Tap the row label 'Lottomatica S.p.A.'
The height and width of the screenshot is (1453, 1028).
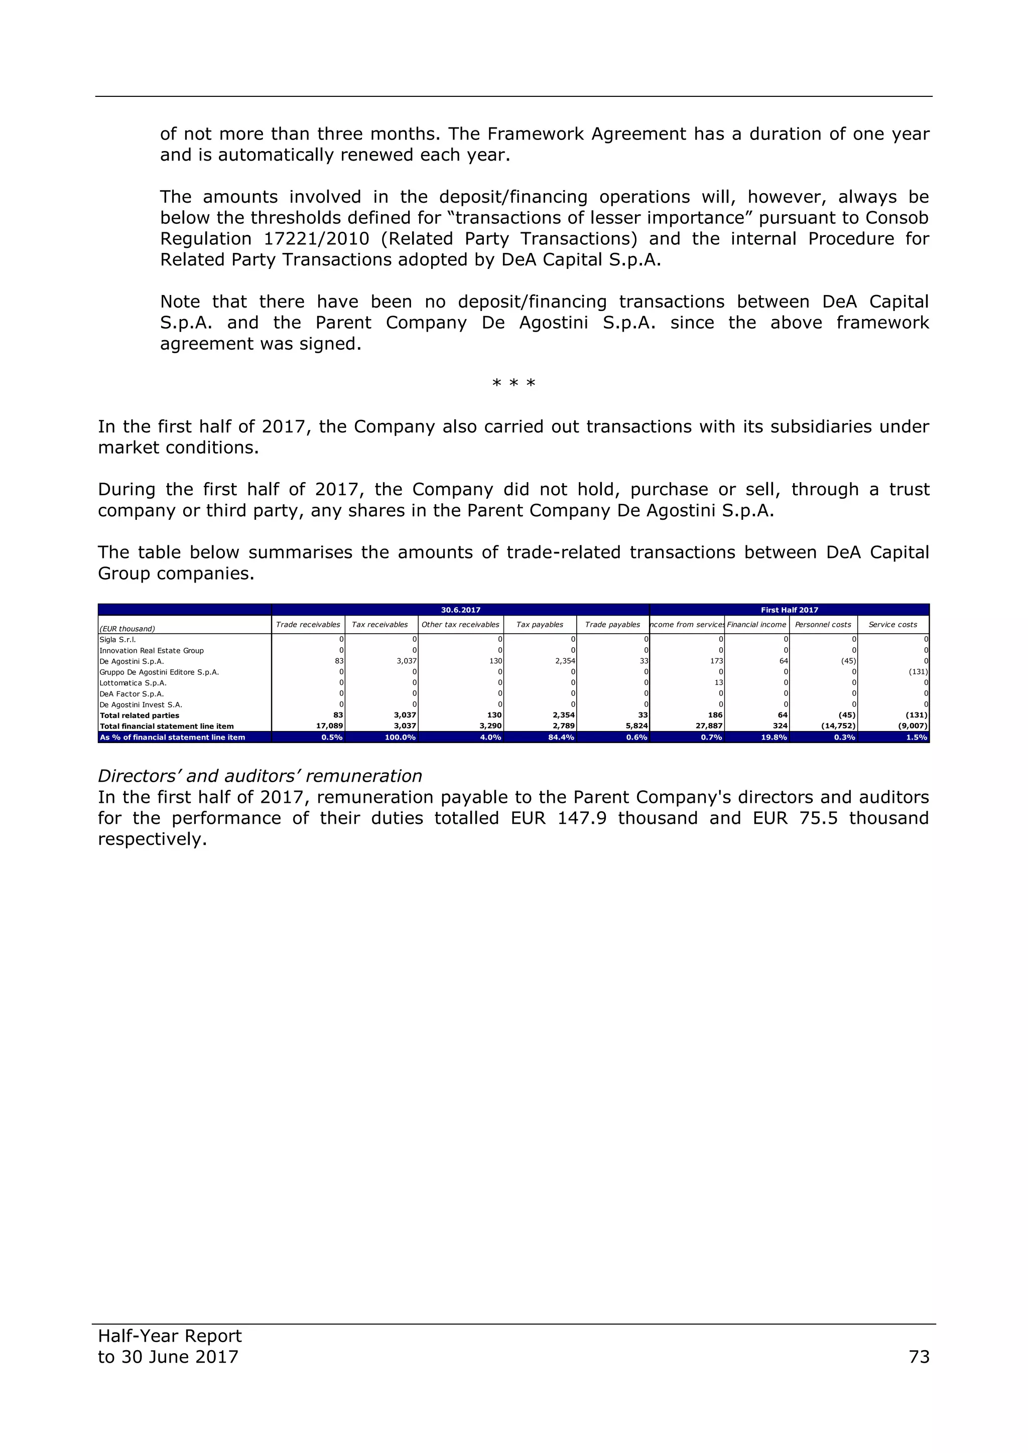point(133,683)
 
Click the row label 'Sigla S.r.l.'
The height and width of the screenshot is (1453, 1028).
point(118,640)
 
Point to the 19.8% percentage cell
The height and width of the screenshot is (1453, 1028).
point(774,737)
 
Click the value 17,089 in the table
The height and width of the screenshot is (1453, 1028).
point(329,727)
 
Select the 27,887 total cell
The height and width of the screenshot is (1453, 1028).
point(709,727)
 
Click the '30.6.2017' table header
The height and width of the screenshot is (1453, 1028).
point(460,610)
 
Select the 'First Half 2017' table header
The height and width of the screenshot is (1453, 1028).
point(790,610)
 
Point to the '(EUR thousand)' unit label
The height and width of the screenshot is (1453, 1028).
point(127,629)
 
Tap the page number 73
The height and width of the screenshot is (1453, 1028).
point(919,1357)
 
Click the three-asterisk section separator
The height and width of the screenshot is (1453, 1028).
point(513,383)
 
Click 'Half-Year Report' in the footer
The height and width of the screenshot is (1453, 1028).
point(170,1336)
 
